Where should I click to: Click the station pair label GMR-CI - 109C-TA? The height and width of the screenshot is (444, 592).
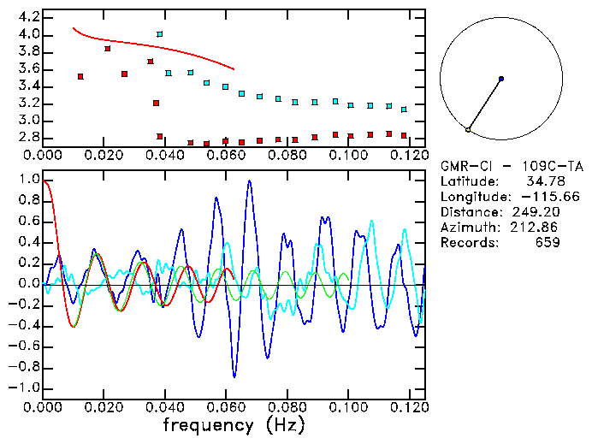[x=500, y=166]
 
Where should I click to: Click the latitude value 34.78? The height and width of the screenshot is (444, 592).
[x=542, y=181]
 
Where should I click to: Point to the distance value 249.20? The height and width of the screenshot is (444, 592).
[x=534, y=212]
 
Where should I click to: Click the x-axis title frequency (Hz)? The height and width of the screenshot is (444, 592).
[x=234, y=425]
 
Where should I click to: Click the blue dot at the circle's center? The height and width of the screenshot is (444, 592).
[x=501, y=79]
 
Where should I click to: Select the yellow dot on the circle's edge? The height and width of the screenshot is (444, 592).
[x=468, y=129]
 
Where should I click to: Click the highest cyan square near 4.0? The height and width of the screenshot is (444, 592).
[x=159, y=34]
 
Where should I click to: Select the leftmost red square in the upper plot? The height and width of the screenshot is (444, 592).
[x=80, y=77]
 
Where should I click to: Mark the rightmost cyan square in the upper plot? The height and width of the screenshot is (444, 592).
[x=404, y=110]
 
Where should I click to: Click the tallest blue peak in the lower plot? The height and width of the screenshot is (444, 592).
[x=249, y=181]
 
